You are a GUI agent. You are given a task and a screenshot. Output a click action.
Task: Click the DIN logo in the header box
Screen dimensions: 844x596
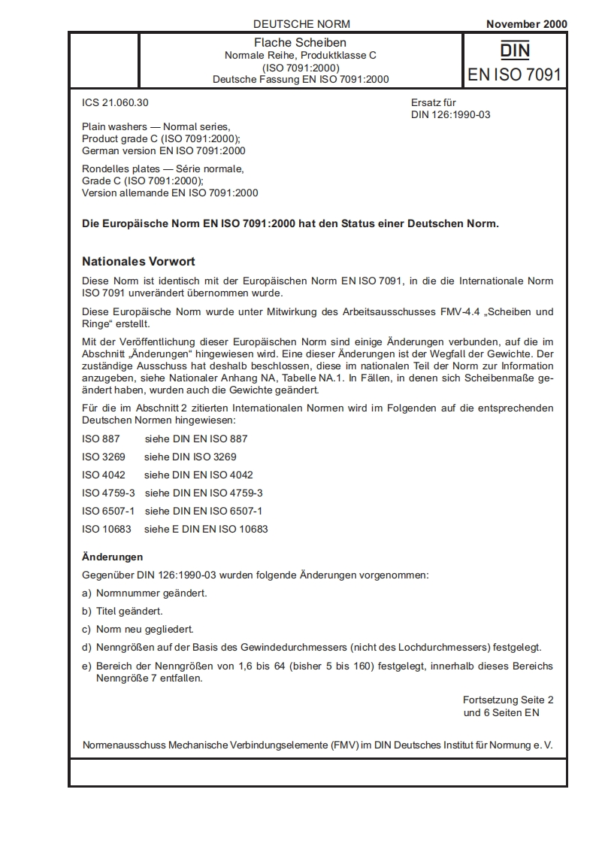(515, 50)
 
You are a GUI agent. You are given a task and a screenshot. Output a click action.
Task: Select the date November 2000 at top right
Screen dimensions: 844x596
(526, 24)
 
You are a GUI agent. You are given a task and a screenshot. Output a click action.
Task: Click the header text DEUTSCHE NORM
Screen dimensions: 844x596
(301, 24)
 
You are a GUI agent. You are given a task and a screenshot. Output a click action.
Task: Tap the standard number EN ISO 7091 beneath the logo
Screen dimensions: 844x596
(515, 74)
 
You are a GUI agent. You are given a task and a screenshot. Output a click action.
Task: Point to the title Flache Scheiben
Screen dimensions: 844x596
(301, 43)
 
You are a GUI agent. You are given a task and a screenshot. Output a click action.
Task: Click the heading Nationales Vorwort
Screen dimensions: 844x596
(138, 262)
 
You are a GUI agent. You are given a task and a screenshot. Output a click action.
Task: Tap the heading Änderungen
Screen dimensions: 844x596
(112, 557)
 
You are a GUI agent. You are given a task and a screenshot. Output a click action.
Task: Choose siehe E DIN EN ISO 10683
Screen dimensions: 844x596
(206, 529)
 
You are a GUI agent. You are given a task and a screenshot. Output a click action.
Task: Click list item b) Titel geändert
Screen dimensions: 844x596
(123, 611)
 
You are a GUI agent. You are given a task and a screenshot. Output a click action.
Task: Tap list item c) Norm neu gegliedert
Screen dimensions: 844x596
(138, 629)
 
